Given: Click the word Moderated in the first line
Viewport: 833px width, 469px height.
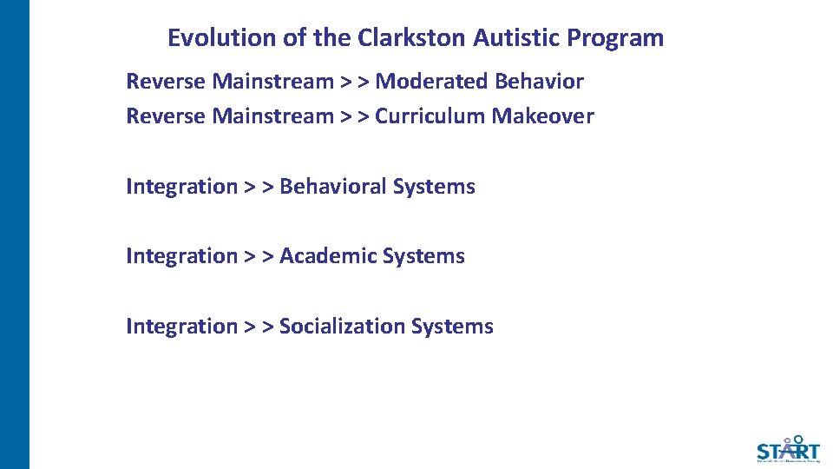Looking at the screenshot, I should pyautogui.click(x=431, y=82).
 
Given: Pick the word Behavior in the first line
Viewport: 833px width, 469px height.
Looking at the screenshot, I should pyautogui.click(x=539, y=82).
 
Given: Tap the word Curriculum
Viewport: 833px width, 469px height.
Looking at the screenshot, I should pyautogui.click(x=430, y=116).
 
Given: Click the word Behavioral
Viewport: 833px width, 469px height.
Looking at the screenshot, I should pyautogui.click(x=332, y=187).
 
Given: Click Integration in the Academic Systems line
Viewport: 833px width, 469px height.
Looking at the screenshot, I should pyautogui.click(x=181, y=256).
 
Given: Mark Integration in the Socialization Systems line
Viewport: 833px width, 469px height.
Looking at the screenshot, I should pyautogui.click(x=181, y=327).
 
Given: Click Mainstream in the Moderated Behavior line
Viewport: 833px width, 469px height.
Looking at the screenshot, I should pyautogui.click(x=272, y=82).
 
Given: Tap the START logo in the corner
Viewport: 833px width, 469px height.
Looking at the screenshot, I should pyautogui.click(x=787, y=449).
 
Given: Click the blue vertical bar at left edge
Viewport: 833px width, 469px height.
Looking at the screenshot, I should pyautogui.click(x=15, y=234).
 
